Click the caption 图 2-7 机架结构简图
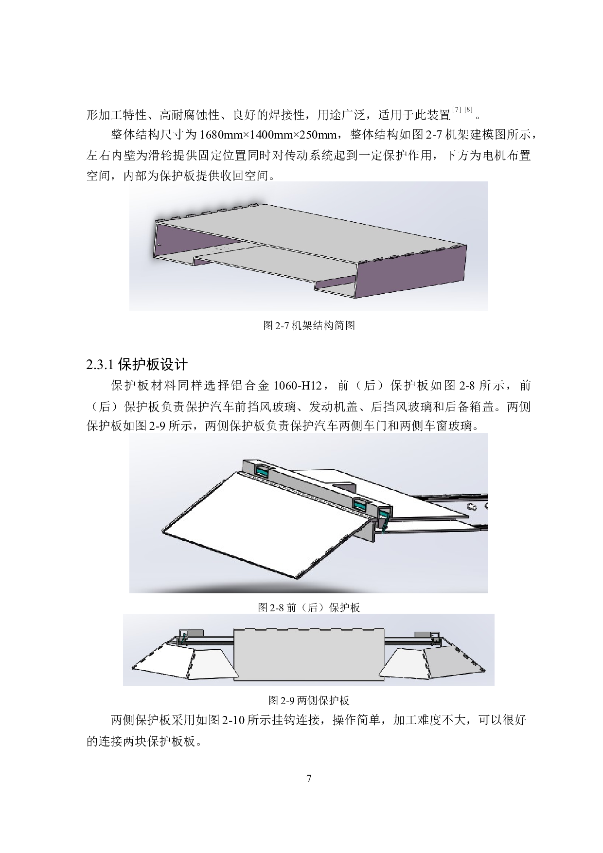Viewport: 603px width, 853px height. tap(309, 326)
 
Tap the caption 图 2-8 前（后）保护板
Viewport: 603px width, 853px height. tap(309, 607)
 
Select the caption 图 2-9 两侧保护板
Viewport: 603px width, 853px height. tap(309, 701)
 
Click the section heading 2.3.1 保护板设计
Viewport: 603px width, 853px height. tap(137, 364)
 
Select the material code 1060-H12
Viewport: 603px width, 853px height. tap(298, 386)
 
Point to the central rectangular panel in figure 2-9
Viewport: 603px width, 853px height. tap(309, 654)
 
